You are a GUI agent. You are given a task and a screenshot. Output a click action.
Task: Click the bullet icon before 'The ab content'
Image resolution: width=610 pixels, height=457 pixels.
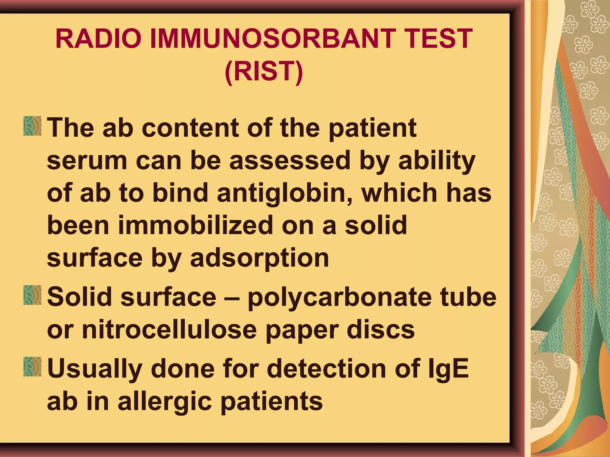point(32,126)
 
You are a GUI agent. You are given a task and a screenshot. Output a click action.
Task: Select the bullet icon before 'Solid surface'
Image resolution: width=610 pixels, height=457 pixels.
point(32,295)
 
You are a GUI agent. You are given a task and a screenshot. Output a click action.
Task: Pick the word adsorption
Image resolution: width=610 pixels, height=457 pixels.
point(259,258)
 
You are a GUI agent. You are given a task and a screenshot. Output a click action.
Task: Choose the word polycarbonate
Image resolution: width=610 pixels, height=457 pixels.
point(340,298)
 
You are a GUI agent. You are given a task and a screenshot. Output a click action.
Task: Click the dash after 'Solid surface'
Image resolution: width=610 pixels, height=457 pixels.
point(232,298)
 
